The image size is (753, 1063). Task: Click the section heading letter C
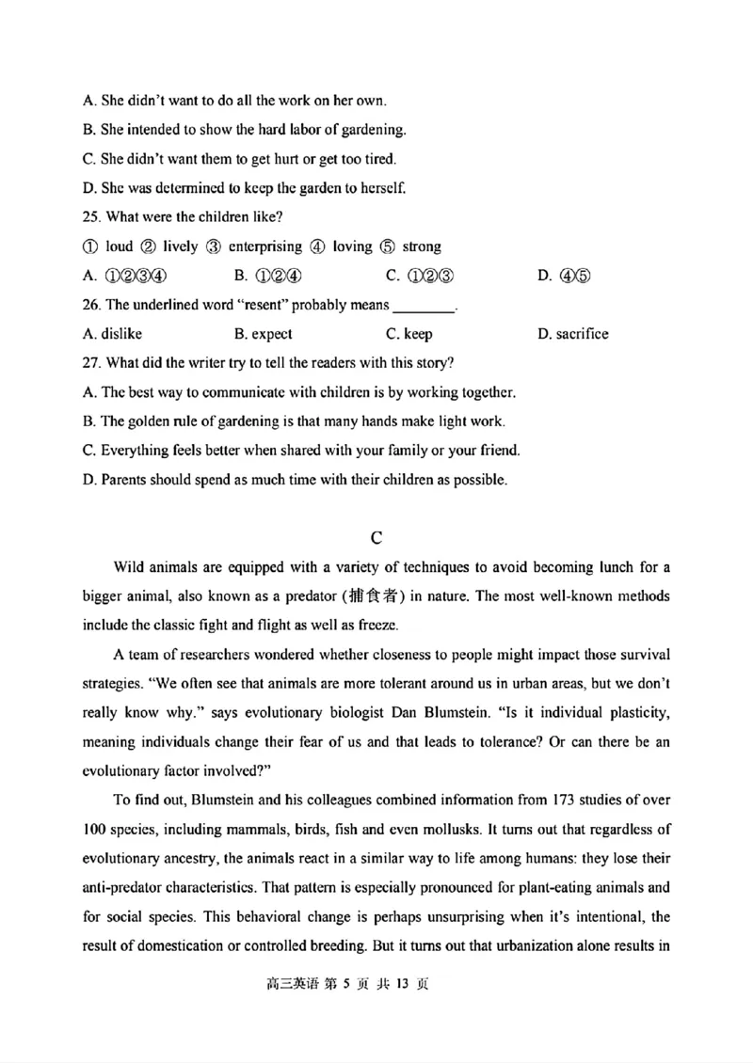(x=376, y=538)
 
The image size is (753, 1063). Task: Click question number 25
(x=91, y=216)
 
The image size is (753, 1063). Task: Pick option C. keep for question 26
(x=409, y=334)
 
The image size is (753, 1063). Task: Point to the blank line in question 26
(x=423, y=307)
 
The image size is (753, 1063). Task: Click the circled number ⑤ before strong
(x=389, y=246)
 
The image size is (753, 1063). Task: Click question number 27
(x=91, y=363)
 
